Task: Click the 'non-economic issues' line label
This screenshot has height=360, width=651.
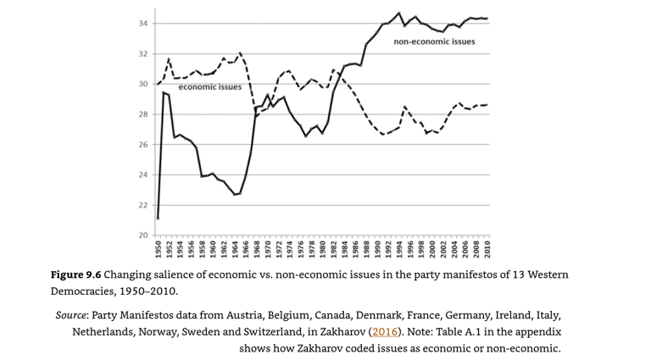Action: pos(434,41)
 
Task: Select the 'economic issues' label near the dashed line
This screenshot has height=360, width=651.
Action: pos(209,86)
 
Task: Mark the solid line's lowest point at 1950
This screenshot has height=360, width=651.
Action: pos(159,219)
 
